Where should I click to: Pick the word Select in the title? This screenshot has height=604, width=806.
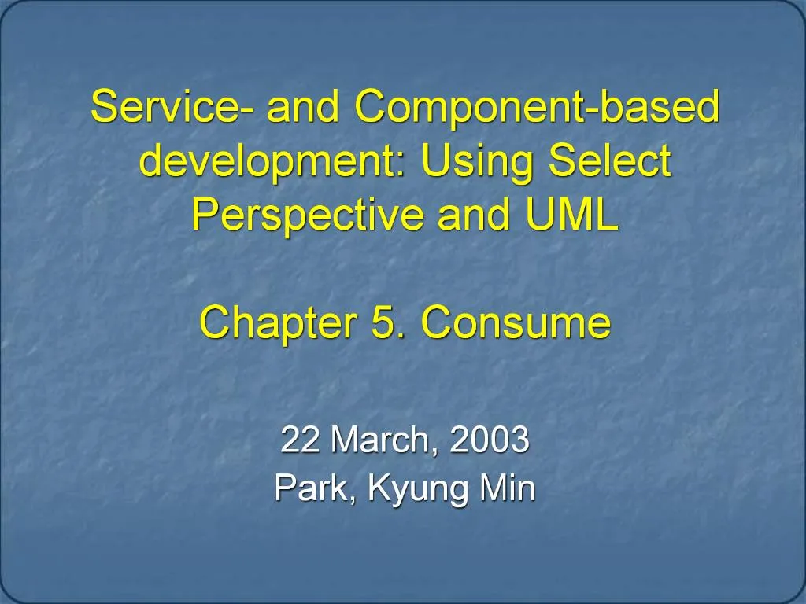pyautogui.click(x=610, y=160)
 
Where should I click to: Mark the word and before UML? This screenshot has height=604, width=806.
pyautogui.click(x=473, y=214)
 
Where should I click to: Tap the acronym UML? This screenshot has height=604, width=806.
pyautogui.click(x=571, y=214)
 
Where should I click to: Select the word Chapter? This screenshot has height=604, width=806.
pyautogui.click(x=278, y=323)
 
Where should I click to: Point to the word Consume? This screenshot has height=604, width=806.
pyautogui.click(x=516, y=322)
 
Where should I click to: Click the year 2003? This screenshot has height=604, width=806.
pyautogui.click(x=489, y=440)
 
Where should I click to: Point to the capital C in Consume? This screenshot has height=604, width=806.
pyautogui.click(x=438, y=322)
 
